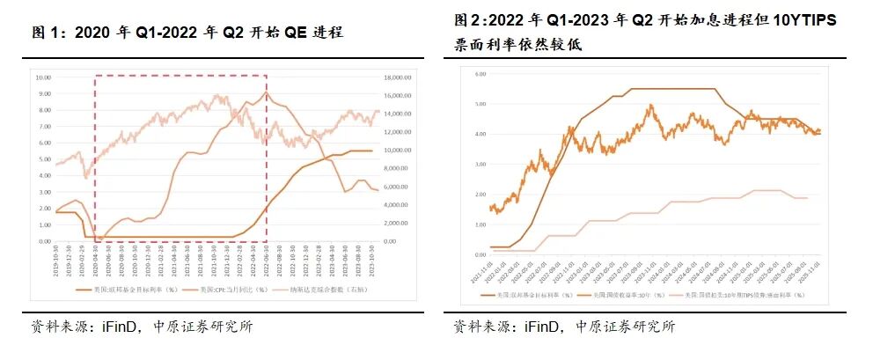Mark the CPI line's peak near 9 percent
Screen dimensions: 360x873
point(266,92)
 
